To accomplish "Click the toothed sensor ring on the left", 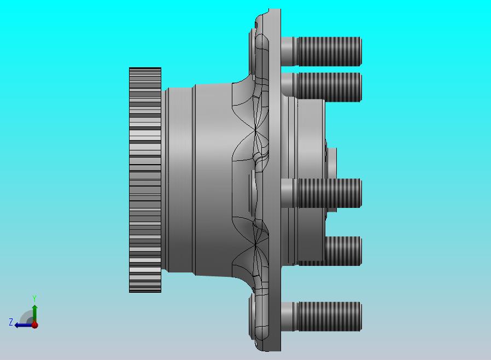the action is (145, 180).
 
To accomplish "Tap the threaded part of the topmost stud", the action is (330, 51).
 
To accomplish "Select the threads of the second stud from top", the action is (330, 87).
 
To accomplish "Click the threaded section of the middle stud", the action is (330, 193).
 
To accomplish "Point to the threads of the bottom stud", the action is (330, 316).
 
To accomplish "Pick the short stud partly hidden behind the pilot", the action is (343, 251).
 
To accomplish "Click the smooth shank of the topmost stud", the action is (289, 51).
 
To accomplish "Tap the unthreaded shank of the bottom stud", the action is (289, 316).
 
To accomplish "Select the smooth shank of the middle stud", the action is (289, 193).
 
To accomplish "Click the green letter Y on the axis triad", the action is (34, 298).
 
